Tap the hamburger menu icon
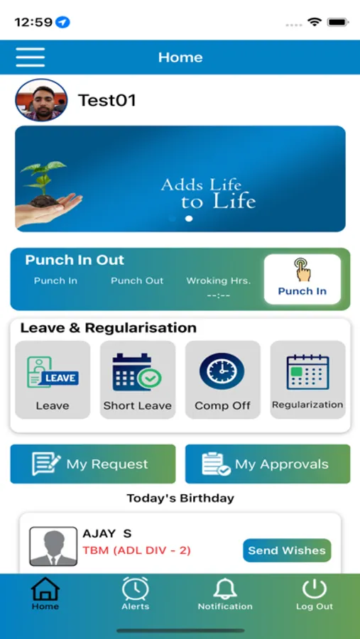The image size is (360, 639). [30, 57]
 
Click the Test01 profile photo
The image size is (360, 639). [41, 100]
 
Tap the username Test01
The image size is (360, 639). [107, 100]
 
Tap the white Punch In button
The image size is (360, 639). [302, 279]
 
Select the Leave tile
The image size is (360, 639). [53, 379]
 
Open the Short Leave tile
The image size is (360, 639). [138, 379]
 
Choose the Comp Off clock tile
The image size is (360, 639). [222, 379]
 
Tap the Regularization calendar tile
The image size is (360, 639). [307, 379]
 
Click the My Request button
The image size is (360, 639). [93, 464]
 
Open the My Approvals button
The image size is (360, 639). [268, 464]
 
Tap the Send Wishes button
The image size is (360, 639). [287, 550]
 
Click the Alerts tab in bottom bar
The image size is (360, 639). [135, 594]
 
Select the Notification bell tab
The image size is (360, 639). [225, 594]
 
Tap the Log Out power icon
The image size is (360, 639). [314, 594]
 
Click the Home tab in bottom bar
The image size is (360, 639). [45, 594]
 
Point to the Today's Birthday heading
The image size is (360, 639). [180, 498]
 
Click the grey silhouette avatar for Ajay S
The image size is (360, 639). [53, 546]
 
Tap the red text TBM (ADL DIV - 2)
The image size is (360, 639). [136, 550]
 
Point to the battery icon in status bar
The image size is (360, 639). [337, 22]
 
